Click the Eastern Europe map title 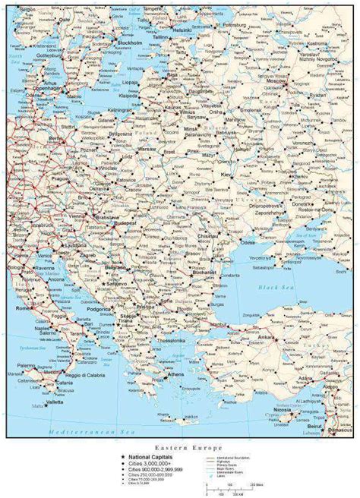(x=180, y=449)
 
